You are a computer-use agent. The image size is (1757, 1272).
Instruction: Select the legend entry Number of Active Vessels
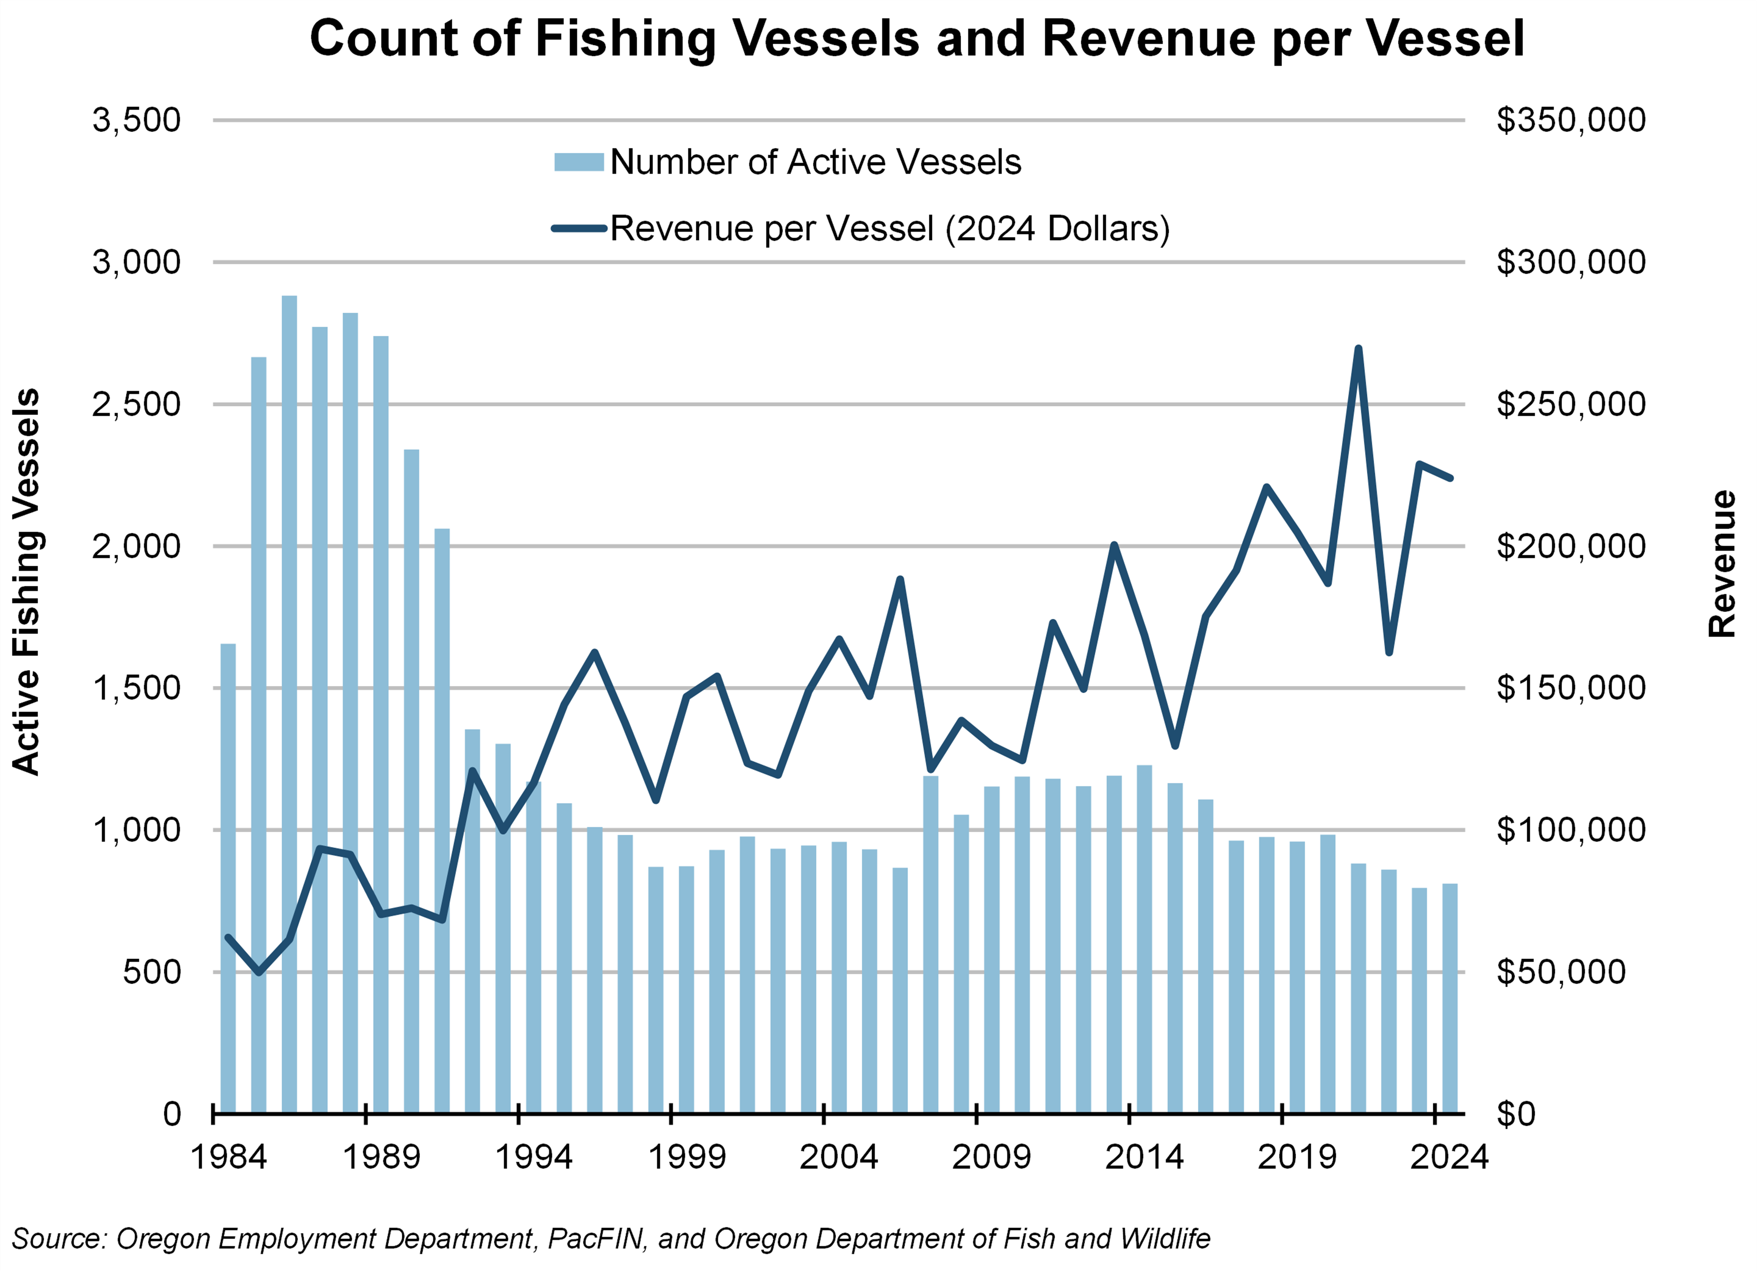pos(814,162)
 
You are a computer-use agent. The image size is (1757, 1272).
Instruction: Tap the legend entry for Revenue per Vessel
pos(889,229)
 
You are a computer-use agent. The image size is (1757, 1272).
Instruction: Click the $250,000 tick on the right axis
pos(1570,405)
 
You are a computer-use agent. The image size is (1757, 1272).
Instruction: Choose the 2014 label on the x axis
pos(1144,1157)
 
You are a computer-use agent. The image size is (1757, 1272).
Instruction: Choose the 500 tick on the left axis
pos(152,972)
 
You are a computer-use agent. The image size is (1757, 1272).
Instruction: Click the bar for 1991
pos(442,821)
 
